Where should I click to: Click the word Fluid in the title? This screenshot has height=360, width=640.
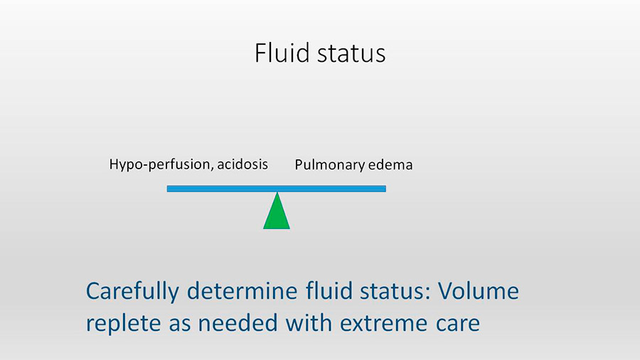point(282,53)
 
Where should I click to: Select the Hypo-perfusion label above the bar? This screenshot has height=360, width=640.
point(160,164)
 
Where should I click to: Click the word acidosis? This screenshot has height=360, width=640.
point(242,164)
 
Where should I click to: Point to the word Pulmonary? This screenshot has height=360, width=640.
point(329,165)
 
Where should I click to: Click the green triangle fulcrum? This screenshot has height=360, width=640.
point(277,211)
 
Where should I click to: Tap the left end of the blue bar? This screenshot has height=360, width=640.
point(167,189)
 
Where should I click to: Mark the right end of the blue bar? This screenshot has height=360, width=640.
point(385,189)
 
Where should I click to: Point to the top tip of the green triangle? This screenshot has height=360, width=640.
point(277,192)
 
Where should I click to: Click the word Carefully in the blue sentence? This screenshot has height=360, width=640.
point(132,292)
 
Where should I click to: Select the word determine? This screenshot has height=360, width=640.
point(242,291)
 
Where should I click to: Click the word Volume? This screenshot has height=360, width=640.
point(479,291)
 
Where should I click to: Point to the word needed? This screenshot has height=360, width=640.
point(238,323)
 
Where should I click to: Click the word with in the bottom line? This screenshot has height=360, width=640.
point(309,323)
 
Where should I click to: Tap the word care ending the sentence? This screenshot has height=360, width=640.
point(457,325)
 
